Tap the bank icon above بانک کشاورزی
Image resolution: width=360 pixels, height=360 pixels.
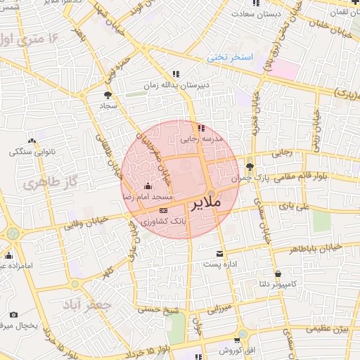pos(164,210)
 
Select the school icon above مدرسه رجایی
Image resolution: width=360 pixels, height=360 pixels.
pos(201,128)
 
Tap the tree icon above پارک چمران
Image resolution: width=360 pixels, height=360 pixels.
pos(250,166)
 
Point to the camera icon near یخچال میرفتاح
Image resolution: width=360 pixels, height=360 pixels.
pos(13,314)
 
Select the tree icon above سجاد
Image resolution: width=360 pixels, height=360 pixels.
pos(108,94)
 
